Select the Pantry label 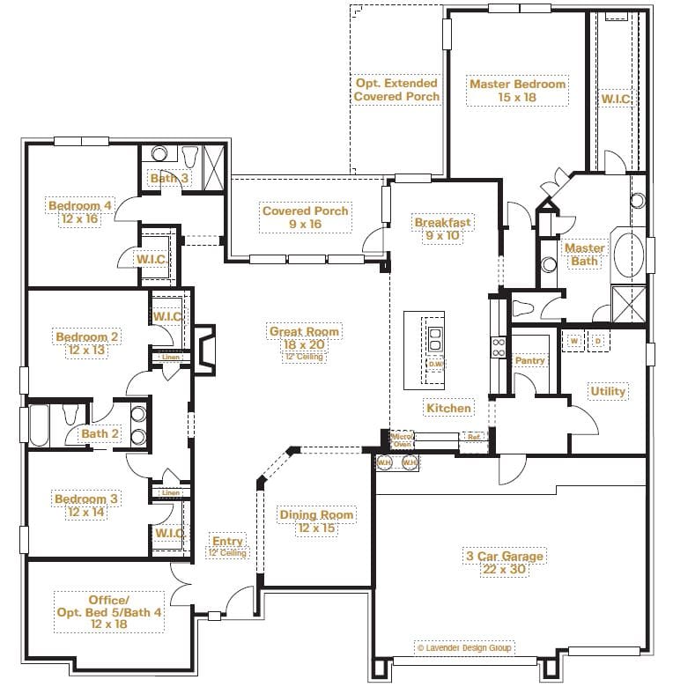click(x=529, y=360)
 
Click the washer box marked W click(x=573, y=340)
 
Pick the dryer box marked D click(x=598, y=340)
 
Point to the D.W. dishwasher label click(x=435, y=363)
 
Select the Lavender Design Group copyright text click(x=464, y=647)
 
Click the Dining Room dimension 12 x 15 click(x=316, y=528)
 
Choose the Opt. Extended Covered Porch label click(x=396, y=89)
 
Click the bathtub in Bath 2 click(x=40, y=425)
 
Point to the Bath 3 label click(x=168, y=178)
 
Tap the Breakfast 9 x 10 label click(x=442, y=229)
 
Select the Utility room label click(x=608, y=391)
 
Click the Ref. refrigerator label click(x=473, y=437)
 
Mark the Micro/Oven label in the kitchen click(x=402, y=440)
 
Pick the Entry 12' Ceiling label click(x=227, y=547)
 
